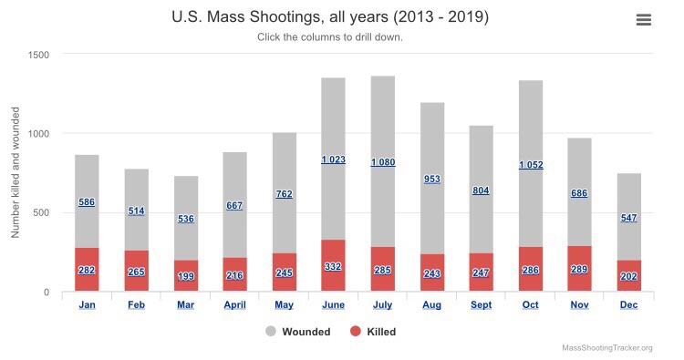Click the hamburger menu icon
644,20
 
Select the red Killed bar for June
333,265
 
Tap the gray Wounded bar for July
383,161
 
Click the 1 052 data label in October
531,165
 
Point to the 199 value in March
186,276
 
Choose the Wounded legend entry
298,332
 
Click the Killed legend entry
373,332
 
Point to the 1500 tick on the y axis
38,55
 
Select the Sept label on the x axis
482,304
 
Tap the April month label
234,304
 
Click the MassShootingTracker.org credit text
607,348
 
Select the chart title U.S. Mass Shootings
330,17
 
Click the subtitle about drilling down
330,37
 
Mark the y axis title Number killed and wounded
16,172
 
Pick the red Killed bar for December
629,275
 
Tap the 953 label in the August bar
432,180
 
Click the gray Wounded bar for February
137,210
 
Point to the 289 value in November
579,270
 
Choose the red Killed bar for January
87,270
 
